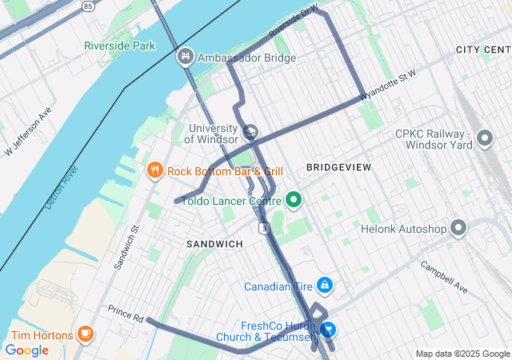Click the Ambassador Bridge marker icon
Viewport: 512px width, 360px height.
point(186,57)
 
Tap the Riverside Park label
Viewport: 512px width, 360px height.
point(120,46)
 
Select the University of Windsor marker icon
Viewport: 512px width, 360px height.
point(250,132)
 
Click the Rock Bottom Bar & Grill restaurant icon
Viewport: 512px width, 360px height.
point(154,170)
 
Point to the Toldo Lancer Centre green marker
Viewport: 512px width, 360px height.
point(293,199)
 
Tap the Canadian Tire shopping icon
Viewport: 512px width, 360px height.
point(324,285)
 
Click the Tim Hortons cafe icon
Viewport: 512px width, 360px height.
point(86,334)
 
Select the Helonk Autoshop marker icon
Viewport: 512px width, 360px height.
point(458,229)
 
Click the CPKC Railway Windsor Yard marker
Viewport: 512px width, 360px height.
point(484,140)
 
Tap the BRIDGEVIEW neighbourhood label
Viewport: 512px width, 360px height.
point(338,167)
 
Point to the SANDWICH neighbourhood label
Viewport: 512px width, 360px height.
point(214,243)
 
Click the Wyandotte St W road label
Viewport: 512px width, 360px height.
point(388,86)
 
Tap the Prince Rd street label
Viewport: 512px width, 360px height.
point(125,314)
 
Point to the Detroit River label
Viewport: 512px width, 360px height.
point(62,187)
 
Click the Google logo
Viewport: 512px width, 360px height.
point(26,350)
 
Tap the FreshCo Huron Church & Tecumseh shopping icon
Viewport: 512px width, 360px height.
point(327,330)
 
